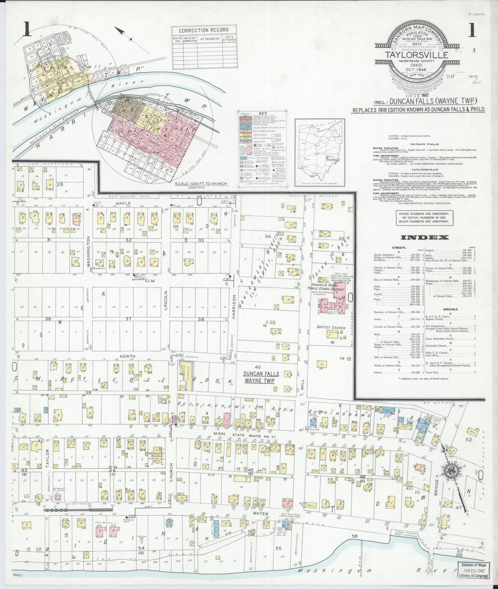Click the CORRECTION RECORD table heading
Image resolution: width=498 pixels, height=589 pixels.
[x=204, y=30]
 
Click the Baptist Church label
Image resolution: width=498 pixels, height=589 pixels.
[x=331, y=328]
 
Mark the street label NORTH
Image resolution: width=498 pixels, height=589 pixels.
[x=127, y=356]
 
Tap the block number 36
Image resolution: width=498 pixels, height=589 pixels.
[x=48, y=319]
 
